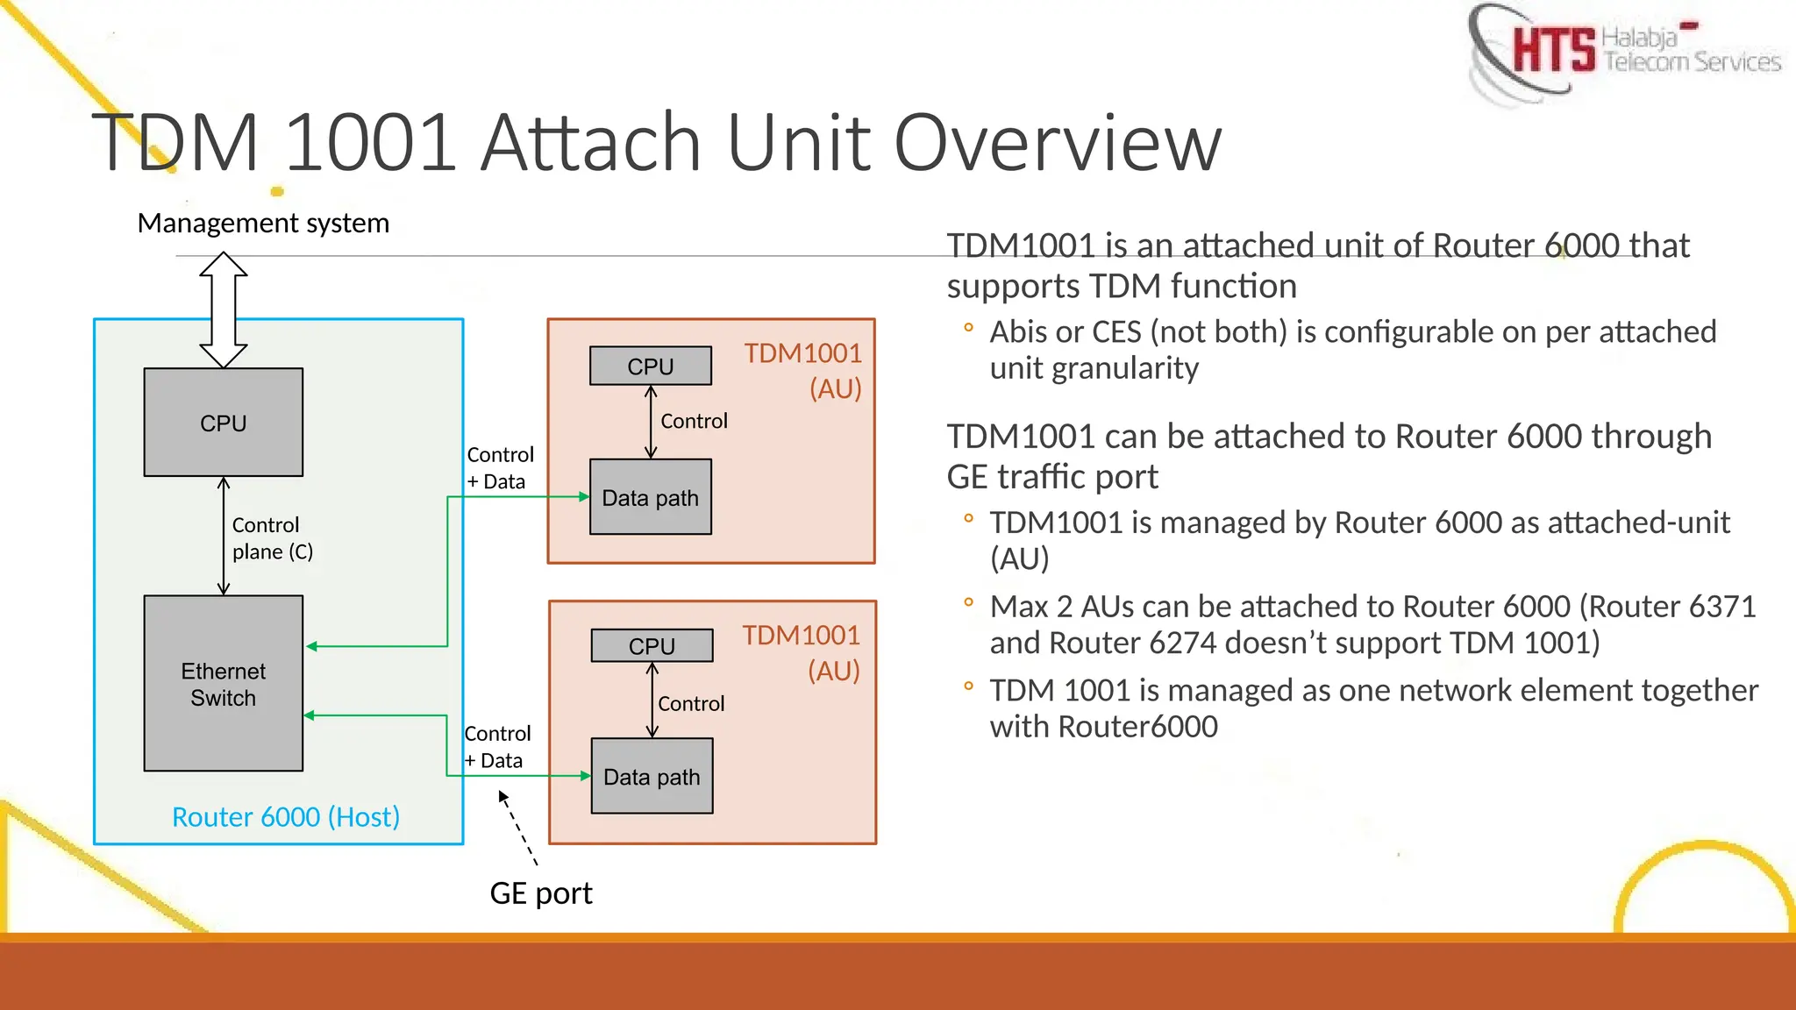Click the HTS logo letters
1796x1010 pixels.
(1553, 49)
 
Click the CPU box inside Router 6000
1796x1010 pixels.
(224, 423)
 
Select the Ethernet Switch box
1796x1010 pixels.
(224, 684)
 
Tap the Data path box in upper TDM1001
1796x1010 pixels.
(651, 497)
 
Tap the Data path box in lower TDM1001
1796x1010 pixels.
(652, 776)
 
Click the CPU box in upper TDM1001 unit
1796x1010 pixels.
(651, 366)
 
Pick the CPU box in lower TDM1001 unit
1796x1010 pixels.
(652, 645)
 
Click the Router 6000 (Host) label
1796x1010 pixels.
(286, 816)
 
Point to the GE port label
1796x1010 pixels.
(541, 893)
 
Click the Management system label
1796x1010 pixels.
(263, 223)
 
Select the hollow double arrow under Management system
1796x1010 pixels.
(224, 309)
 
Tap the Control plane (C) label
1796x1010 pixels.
(272, 537)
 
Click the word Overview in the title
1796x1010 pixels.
(1057, 142)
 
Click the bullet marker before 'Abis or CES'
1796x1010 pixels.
(968, 328)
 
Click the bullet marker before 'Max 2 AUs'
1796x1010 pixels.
(968, 602)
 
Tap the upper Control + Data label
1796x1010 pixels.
(500, 467)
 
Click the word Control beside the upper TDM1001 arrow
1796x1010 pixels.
(694, 421)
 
